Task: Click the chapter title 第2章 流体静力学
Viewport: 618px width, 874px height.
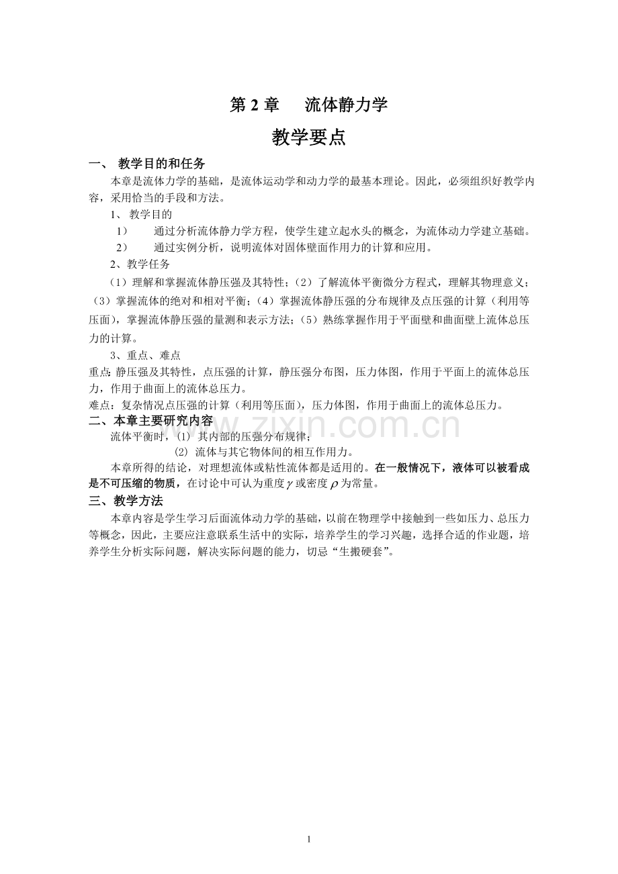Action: click(x=308, y=105)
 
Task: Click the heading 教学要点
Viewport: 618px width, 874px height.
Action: click(x=308, y=138)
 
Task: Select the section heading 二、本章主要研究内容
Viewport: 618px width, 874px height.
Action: click(x=151, y=421)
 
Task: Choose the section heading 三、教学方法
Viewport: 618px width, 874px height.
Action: click(x=126, y=501)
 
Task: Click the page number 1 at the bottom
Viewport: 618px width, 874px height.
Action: click(x=308, y=838)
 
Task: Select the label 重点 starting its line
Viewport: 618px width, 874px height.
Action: click(x=99, y=372)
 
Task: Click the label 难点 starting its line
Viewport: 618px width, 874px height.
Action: click(x=99, y=405)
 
